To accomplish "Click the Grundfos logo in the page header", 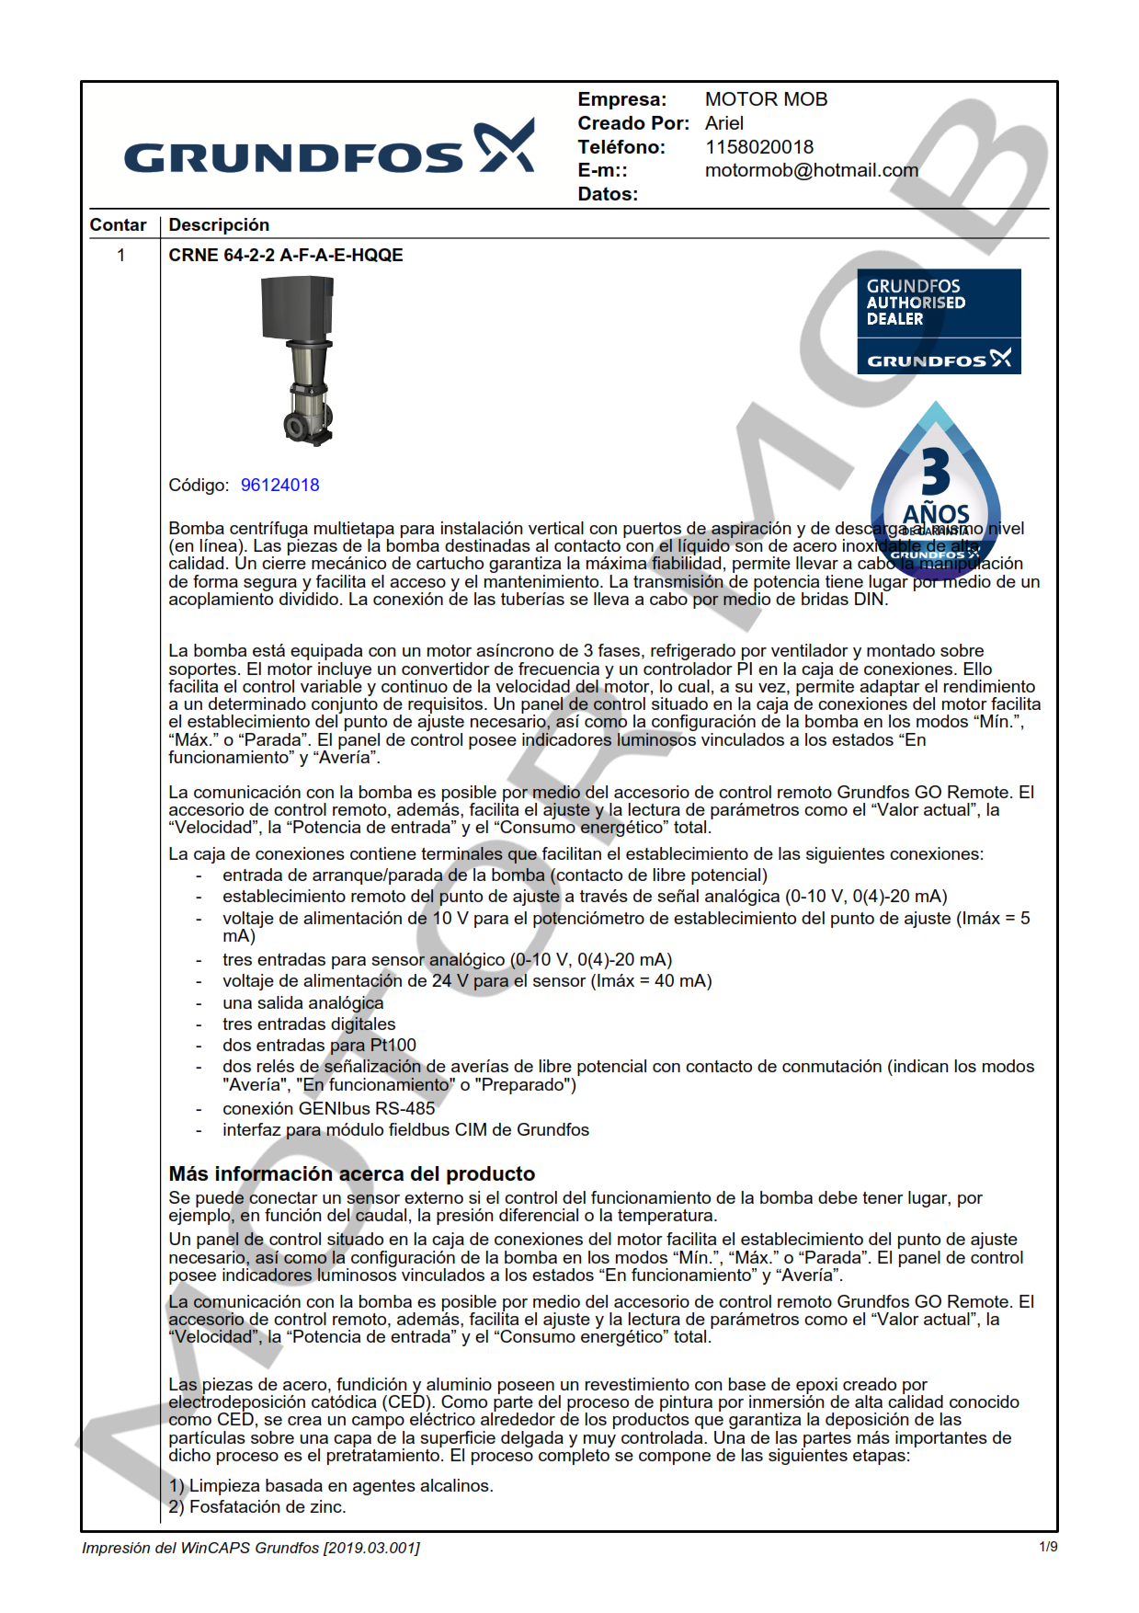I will coord(328,149).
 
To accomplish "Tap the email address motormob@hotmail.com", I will coord(811,170).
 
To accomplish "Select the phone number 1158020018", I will coord(758,147).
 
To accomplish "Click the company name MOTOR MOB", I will coord(766,99).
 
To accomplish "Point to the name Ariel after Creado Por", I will coord(724,123).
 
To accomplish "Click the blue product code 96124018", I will coord(279,486).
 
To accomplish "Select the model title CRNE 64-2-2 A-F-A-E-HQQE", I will coord(285,256).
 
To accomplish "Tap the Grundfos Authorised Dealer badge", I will coord(938,321).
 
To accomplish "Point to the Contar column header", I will coord(118,225).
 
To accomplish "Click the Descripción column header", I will coord(219,225).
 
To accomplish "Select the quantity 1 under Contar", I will coord(120,256).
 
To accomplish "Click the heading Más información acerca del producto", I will coord(351,1174).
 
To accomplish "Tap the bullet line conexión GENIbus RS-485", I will coord(328,1109).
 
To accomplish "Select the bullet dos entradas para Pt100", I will coord(319,1046).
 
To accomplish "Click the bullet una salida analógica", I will coord(302,1003).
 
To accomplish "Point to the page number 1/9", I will coord(1047,1547).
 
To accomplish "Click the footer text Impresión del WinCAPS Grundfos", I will coord(250,1549).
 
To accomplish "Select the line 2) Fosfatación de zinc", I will coord(257,1507).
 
